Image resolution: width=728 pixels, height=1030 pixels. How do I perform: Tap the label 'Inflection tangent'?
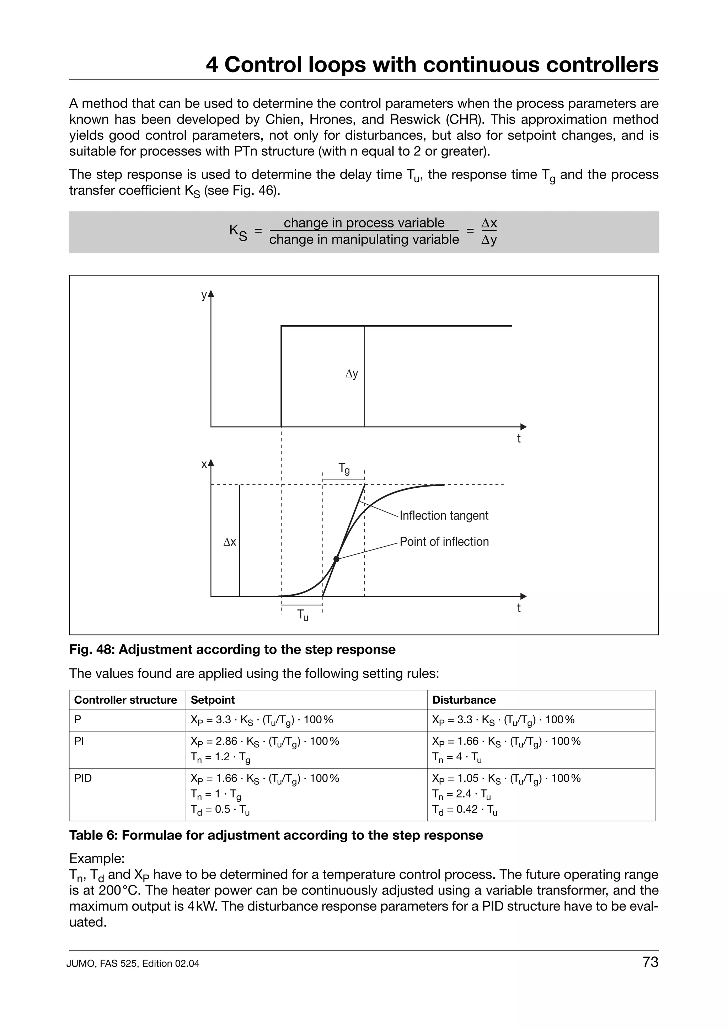(x=444, y=515)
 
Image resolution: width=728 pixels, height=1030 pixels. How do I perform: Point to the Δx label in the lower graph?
(x=230, y=542)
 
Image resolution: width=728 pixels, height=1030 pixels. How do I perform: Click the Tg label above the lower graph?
(x=344, y=469)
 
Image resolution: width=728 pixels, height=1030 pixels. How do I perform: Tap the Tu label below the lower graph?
(x=303, y=616)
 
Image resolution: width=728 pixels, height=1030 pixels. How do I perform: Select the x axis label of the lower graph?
(x=204, y=464)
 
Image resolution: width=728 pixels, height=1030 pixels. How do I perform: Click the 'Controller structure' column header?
(x=125, y=700)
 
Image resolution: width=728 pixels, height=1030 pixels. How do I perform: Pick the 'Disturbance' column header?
(x=464, y=700)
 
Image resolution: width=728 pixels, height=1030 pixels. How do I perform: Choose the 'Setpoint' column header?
(x=213, y=700)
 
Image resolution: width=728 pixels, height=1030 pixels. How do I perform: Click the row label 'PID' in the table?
(x=83, y=778)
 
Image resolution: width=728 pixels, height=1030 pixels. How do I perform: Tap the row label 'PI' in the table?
(x=79, y=741)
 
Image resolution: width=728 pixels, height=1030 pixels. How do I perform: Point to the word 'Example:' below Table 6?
(x=96, y=859)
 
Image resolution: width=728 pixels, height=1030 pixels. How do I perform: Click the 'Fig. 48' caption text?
(x=232, y=650)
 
